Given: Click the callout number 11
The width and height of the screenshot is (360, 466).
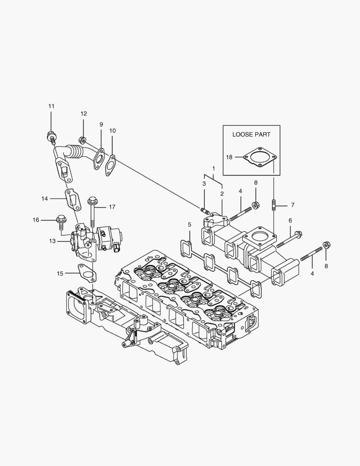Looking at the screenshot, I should point(51,106).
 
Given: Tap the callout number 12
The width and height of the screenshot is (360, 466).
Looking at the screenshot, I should point(84,113).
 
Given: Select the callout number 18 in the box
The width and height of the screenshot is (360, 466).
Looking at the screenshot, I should point(229,157).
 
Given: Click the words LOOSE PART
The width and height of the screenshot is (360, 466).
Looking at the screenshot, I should point(251,134).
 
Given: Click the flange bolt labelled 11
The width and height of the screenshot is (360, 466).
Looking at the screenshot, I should point(51,136).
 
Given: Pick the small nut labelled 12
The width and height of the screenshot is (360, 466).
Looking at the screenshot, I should point(81,139).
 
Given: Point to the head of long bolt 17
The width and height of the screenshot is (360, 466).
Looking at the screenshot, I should point(92,201).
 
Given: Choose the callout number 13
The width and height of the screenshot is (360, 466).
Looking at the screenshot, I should point(52,241).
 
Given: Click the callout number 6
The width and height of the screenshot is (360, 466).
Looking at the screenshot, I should point(290,220).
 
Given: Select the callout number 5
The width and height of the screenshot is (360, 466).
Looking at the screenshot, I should point(189,224).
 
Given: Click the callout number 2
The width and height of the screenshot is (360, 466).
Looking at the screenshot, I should point(222,194).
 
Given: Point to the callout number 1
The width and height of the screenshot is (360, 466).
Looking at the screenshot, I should point(213,167).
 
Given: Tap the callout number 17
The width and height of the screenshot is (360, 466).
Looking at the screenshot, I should point(112,207).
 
